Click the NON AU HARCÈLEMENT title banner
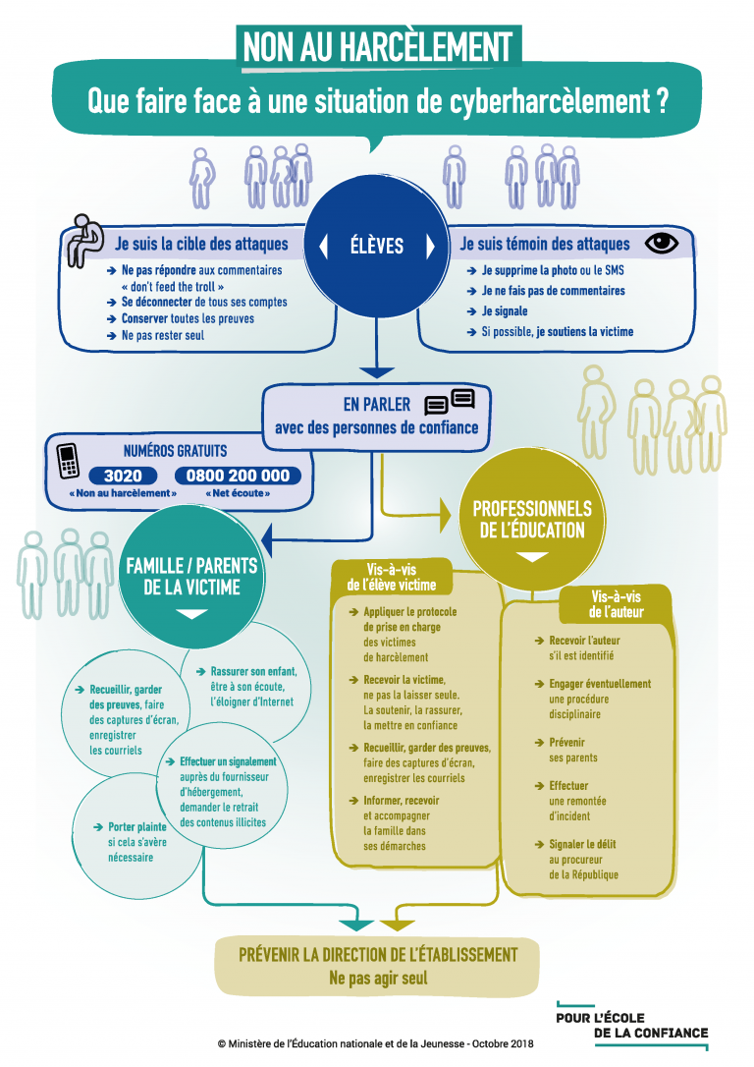(x=377, y=46)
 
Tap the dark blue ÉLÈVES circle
(x=377, y=245)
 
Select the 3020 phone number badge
(x=123, y=476)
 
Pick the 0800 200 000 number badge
(x=239, y=476)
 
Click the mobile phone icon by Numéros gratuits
(x=67, y=463)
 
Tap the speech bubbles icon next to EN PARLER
(x=449, y=402)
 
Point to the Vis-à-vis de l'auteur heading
(x=617, y=603)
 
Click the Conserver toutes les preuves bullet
(x=187, y=318)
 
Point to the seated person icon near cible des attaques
(x=82, y=239)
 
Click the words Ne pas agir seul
(x=378, y=978)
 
